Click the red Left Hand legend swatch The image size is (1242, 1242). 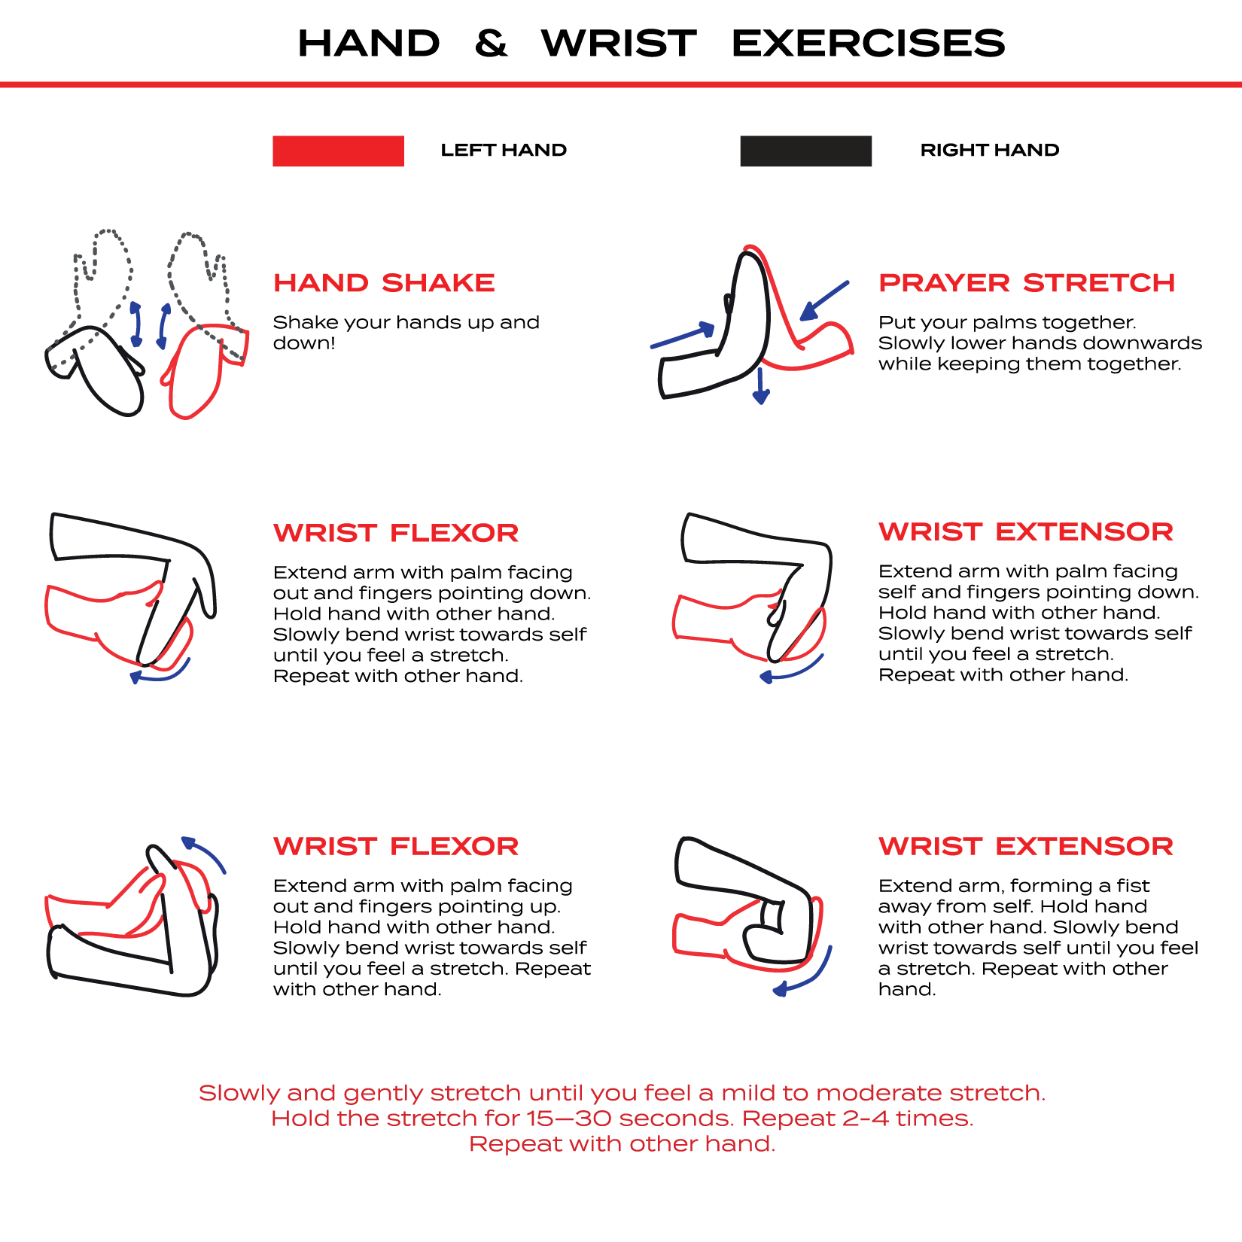click(x=338, y=151)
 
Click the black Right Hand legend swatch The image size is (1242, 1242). click(x=805, y=151)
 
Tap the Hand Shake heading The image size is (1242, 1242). click(x=384, y=283)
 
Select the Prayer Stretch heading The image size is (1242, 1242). click(x=1027, y=283)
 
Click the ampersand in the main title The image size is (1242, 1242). click(x=491, y=43)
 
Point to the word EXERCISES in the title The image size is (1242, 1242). click(x=868, y=43)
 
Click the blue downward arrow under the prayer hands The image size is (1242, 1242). click(x=761, y=386)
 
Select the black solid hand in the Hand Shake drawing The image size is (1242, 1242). click(x=105, y=369)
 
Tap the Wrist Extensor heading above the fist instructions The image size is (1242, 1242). click(x=1025, y=846)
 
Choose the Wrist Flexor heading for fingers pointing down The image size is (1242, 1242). click(x=396, y=533)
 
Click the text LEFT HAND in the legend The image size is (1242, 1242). click(x=504, y=151)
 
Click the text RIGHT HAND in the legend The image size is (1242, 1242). click(x=989, y=151)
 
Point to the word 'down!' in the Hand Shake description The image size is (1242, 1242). click(x=303, y=343)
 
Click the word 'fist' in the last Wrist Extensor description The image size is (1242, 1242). click(x=1133, y=886)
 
